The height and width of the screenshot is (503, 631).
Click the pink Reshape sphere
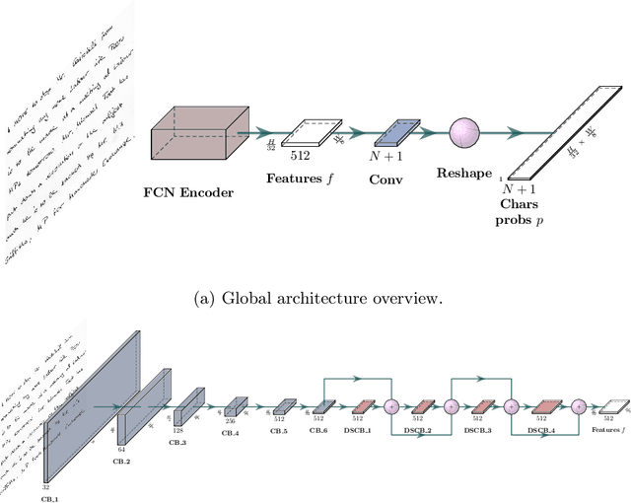pos(464,132)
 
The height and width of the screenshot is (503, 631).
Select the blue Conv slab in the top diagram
pos(396,132)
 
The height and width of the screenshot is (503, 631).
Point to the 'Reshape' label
pos(465,173)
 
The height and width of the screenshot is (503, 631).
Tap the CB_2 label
pos(122,461)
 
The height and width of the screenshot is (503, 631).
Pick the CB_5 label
pos(280,431)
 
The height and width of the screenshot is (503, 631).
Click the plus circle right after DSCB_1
pos(390,405)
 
